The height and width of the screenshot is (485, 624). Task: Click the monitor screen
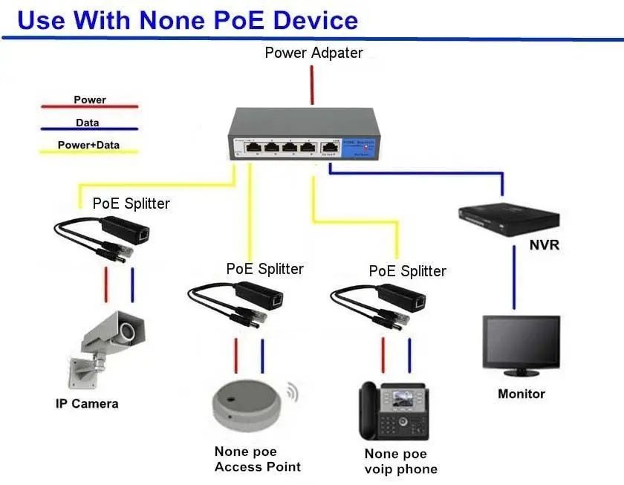pos(521,342)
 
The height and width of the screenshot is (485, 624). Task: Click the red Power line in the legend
pos(90,107)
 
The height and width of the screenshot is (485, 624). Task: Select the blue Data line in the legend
pos(90,129)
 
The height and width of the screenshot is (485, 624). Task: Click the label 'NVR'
pos(545,244)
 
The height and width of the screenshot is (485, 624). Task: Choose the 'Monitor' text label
pos(521,394)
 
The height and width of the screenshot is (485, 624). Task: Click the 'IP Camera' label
pos(87,404)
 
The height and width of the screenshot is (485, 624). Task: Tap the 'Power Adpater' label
pos(313,53)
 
